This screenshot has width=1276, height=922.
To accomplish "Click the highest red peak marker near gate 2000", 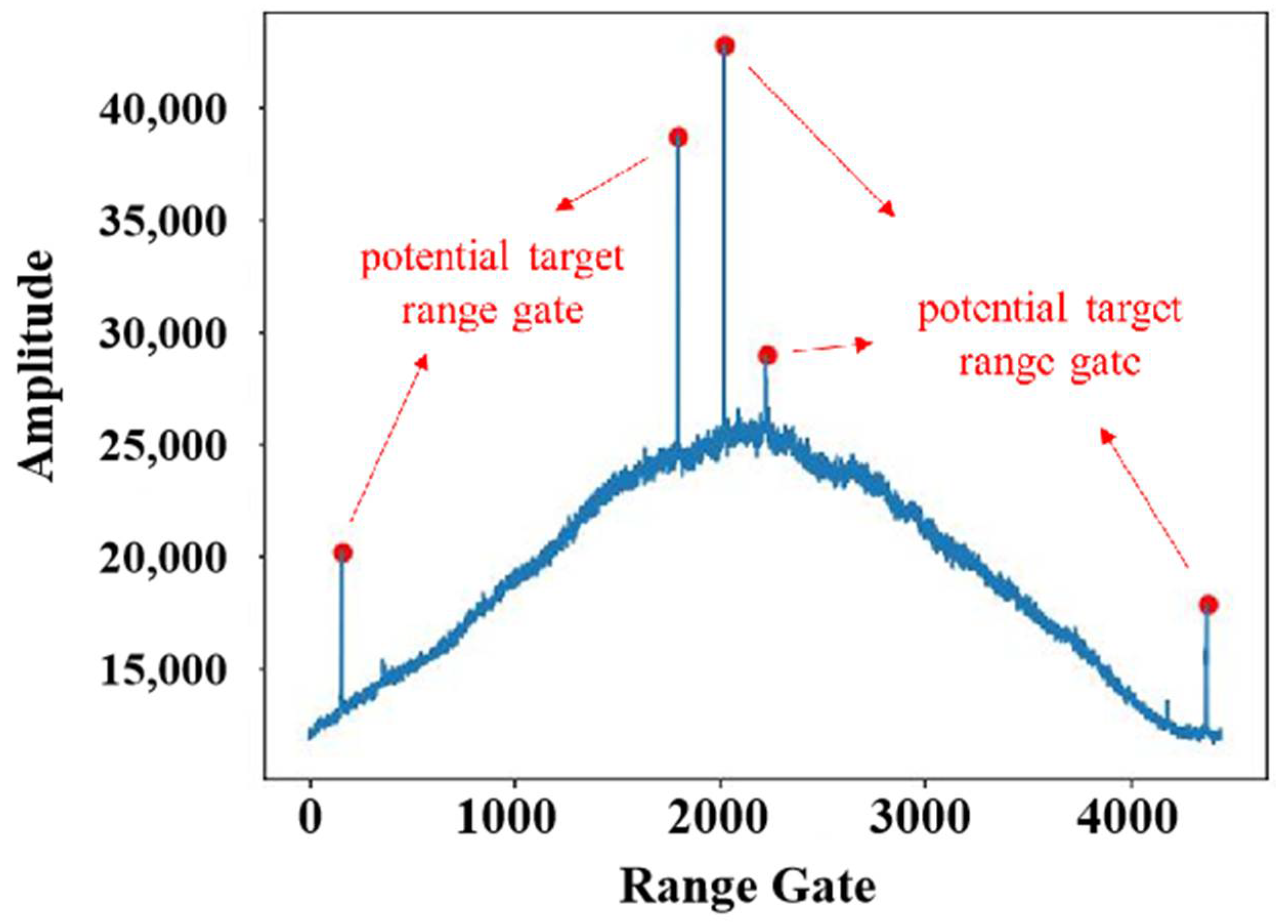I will (x=725, y=46).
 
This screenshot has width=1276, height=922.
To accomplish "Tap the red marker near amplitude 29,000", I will (x=767, y=356).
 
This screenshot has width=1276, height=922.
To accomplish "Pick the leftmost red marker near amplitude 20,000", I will (x=342, y=553).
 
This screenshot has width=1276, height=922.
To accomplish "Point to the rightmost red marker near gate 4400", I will (x=1208, y=605).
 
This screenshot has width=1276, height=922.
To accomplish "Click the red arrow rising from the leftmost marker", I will (x=388, y=439).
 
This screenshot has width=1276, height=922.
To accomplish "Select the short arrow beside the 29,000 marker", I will (x=833, y=347).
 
